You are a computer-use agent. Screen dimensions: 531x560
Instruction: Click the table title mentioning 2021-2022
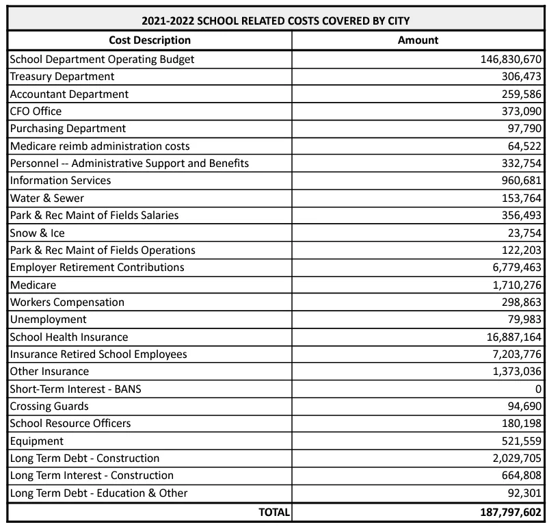pyautogui.click(x=276, y=21)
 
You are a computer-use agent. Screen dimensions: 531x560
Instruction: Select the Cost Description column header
pyautogui.click(x=150, y=40)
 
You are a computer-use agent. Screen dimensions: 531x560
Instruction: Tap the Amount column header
pyautogui.click(x=418, y=40)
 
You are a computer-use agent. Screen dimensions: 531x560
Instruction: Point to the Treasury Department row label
pyautogui.click(x=62, y=77)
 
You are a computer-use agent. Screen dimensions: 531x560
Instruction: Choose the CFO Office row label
pyautogui.click(x=36, y=111)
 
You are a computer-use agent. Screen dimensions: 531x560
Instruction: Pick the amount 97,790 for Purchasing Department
pyautogui.click(x=522, y=129)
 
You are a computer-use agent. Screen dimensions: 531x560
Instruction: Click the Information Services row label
pyautogui.click(x=60, y=181)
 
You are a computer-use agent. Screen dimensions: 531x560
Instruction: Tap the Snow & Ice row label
pyautogui.click(x=38, y=233)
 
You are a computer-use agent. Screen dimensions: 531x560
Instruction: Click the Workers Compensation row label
pyautogui.click(x=67, y=302)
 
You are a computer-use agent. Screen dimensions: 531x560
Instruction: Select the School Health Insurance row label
pyautogui.click(x=69, y=337)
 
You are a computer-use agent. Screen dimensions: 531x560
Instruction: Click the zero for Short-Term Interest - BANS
pyautogui.click(x=538, y=389)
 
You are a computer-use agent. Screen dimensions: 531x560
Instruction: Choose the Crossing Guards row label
pyautogui.click(x=50, y=406)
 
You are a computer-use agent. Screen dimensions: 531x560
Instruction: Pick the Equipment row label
pyautogui.click(x=37, y=441)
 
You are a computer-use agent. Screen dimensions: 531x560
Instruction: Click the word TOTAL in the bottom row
pyautogui.click(x=274, y=511)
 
